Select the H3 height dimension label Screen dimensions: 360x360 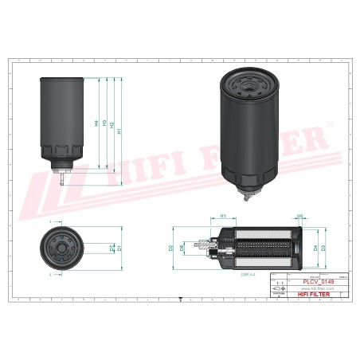click(x=104, y=124)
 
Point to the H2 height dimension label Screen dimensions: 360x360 click(x=112, y=126)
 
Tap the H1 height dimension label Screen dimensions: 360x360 click(x=119, y=131)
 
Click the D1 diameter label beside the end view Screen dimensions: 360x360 click(x=119, y=248)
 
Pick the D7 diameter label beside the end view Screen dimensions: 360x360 click(x=112, y=248)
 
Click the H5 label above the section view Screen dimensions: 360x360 click(x=224, y=216)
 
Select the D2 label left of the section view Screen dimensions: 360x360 click(x=171, y=248)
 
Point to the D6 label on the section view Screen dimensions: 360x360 click(x=182, y=248)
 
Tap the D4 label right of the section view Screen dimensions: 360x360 click(x=315, y=248)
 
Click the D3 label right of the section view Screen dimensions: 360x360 click(x=323, y=248)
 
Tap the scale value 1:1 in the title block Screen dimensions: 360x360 click(x=276, y=283)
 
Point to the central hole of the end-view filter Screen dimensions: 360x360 click(x=61, y=248)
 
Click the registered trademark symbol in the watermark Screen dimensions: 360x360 click(x=332, y=125)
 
